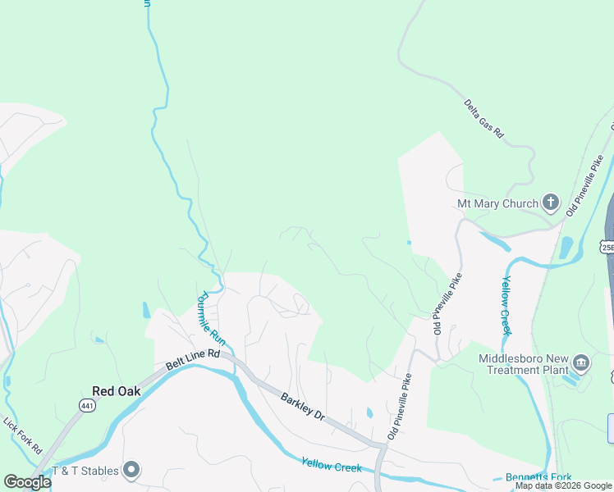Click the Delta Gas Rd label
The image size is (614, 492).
(x=483, y=118)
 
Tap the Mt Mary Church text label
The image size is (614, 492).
(x=497, y=203)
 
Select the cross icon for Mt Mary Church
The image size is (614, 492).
(x=550, y=203)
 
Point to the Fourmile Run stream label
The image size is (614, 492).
(x=210, y=318)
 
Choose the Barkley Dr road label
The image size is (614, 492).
(x=303, y=406)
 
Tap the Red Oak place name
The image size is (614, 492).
(x=116, y=391)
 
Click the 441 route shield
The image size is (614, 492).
(x=88, y=406)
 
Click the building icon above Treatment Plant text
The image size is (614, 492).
(x=580, y=362)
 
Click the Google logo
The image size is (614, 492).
(x=27, y=482)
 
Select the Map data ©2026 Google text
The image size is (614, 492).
(x=564, y=486)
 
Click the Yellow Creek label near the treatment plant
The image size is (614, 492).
(x=506, y=305)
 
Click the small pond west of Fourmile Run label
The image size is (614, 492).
(x=146, y=310)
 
